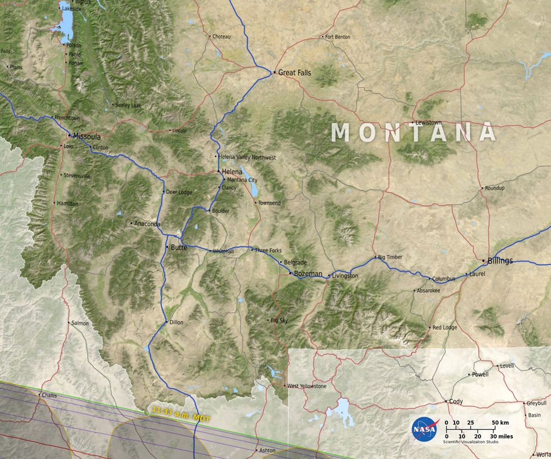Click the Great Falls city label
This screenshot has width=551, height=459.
(294, 72)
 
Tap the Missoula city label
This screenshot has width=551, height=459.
(87, 137)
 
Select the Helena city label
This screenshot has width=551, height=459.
(232, 172)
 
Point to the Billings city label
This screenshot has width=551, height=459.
(500, 261)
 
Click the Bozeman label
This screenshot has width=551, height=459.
(308, 274)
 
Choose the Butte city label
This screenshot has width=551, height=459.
(179, 248)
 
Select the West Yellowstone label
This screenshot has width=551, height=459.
(307, 386)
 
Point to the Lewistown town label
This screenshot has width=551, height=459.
(428, 123)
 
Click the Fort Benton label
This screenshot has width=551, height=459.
(338, 37)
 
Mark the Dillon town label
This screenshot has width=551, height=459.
(176, 322)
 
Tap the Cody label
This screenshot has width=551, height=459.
(456, 401)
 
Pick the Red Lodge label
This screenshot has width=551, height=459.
(444, 327)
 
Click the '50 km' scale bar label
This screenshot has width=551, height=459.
(501, 422)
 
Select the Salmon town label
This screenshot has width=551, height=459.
(80, 323)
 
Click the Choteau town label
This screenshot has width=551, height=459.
(221, 37)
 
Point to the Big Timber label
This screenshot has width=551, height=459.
(390, 257)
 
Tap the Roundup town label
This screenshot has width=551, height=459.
(495, 188)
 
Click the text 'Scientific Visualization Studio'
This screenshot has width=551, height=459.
(471, 442)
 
